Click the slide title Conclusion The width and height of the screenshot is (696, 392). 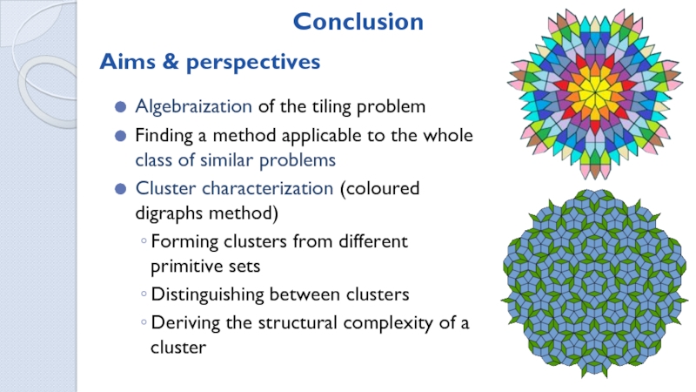(x=358, y=22)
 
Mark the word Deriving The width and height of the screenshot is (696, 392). (x=180, y=323)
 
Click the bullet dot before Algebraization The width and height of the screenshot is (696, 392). (x=120, y=108)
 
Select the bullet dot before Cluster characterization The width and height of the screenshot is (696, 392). (x=120, y=189)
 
